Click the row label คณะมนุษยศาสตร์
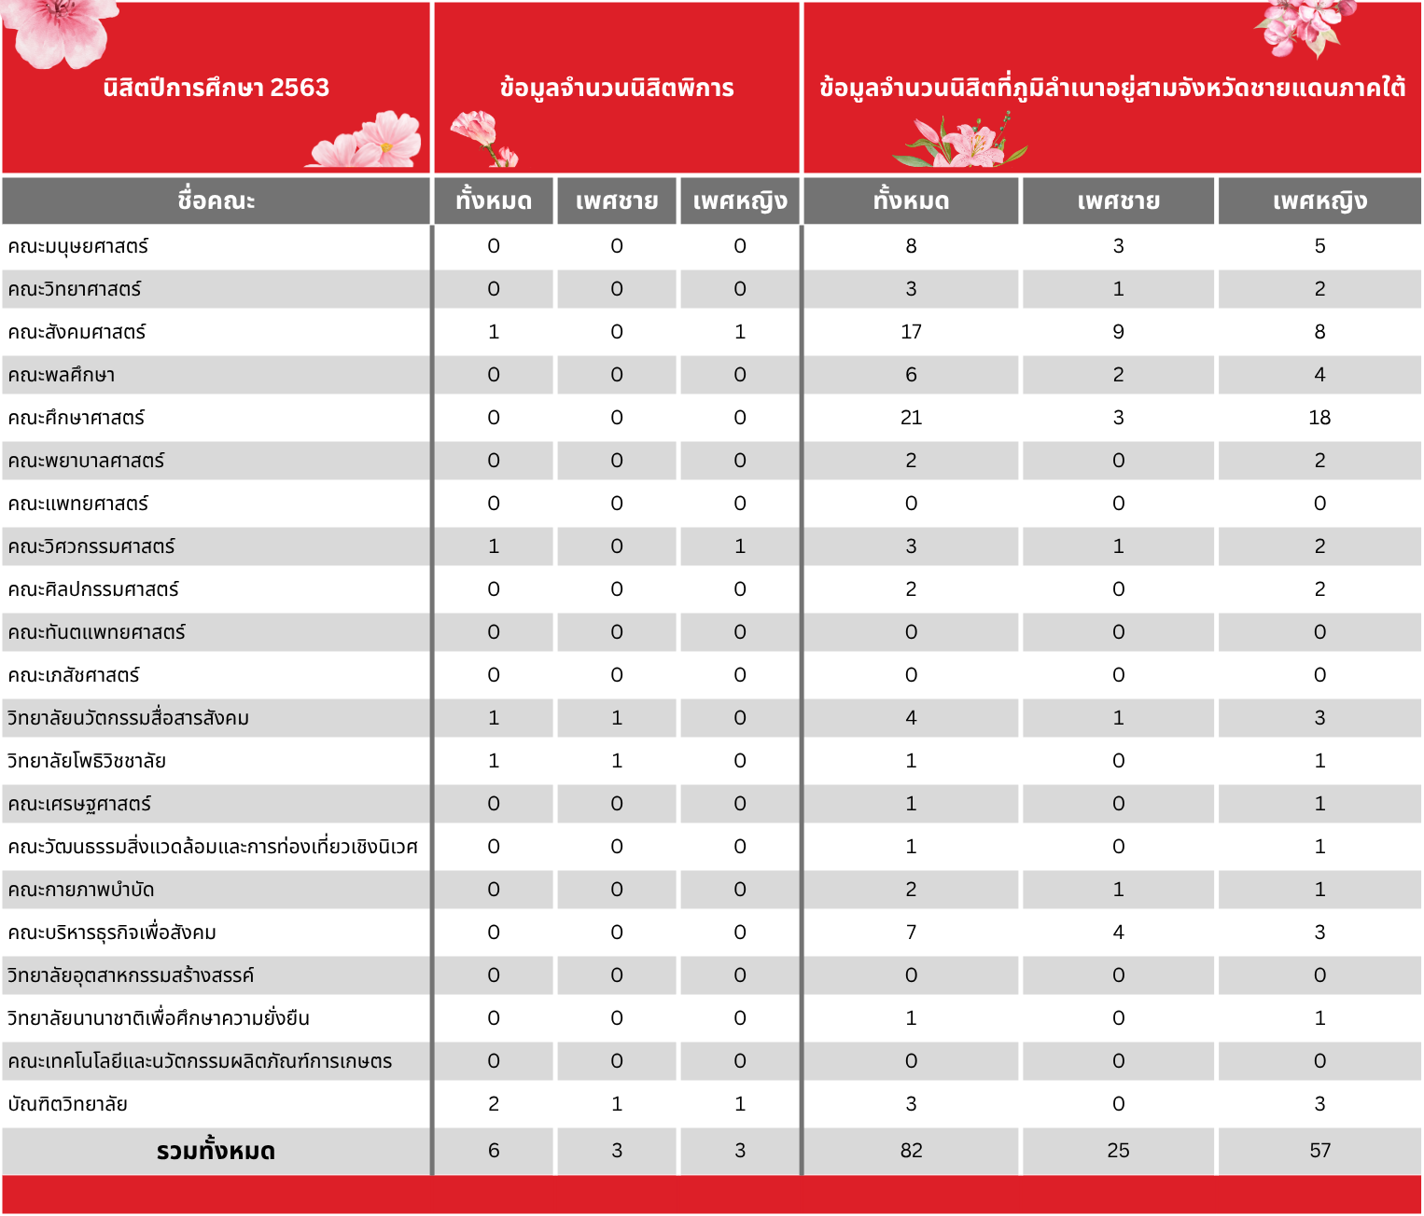point(78,247)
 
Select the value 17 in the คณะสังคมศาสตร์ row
point(911,332)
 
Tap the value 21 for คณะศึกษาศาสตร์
point(911,418)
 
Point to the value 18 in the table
point(1319,418)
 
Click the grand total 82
point(911,1151)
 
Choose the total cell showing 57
point(1319,1151)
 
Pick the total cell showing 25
point(1118,1151)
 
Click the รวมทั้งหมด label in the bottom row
point(216,1152)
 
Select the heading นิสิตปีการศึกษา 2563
point(216,88)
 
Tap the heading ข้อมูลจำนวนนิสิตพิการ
point(617,89)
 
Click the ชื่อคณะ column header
point(216,200)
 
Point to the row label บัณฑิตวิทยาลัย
point(67,1105)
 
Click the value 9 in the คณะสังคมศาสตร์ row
point(1118,332)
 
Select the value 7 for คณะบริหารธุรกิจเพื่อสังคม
point(911,933)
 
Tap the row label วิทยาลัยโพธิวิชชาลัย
point(87,762)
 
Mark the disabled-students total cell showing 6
point(494,1151)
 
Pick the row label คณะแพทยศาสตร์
point(78,504)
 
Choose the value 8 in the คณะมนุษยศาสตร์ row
point(911,246)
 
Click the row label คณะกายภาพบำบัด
point(81,891)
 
